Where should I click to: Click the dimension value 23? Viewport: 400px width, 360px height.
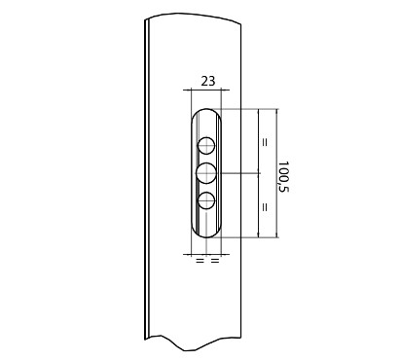[207, 81]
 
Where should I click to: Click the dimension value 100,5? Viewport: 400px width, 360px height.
[283, 177]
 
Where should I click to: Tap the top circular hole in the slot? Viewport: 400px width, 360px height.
[206, 146]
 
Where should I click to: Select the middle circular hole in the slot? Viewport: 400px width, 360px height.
[206, 173]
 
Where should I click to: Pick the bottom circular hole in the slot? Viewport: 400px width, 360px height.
[206, 200]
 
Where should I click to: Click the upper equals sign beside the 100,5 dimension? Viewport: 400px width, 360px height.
[265, 142]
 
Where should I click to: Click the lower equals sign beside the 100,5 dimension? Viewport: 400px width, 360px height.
[265, 207]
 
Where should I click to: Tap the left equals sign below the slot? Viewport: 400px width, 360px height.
[200, 260]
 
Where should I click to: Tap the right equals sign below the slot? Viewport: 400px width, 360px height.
[215, 260]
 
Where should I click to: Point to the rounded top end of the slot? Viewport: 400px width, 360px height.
[206, 109]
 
